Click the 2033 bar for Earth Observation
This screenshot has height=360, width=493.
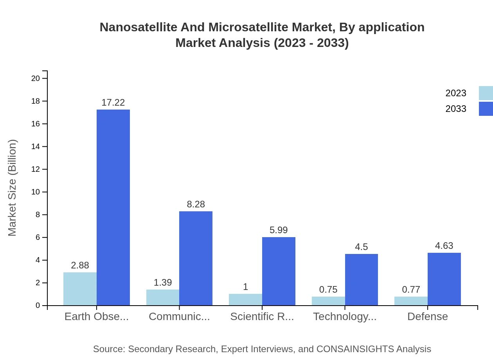pyautogui.click(x=113, y=207)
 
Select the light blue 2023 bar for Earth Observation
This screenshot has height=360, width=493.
pyautogui.click(x=80, y=289)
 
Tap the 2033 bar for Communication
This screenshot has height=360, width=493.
pyautogui.click(x=196, y=258)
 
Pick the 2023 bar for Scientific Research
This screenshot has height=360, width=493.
pyautogui.click(x=245, y=300)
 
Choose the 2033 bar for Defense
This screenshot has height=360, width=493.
pyautogui.click(x=444, y=279)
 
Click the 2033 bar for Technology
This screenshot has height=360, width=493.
pyautogui.click(x=361, y=280)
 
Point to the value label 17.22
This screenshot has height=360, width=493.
pyautogui.click(x=113, y=103)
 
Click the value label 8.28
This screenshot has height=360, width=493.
pyautogui.click(x=196, y=204)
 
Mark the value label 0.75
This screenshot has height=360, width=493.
pyautogui.click(x=328, y=290)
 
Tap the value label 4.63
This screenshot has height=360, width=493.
pyautogui.click(x=444, y=246)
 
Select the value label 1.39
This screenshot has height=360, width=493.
pyautogui.click(x=162, y=283)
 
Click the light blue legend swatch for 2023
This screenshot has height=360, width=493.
pyautogui.click(x=486, y=93)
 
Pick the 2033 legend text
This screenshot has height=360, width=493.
pyautogui.click(x=456, y=109)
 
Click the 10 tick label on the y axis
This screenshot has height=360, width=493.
pyautogui.click(x=36, y=192)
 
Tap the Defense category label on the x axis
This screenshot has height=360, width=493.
pyautogui.click(x=427, y=317)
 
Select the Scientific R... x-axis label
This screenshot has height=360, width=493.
pyautogui.click(x=262, y=317)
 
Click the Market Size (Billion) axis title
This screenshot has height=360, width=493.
pyautogui.click(x=13, y=188)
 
